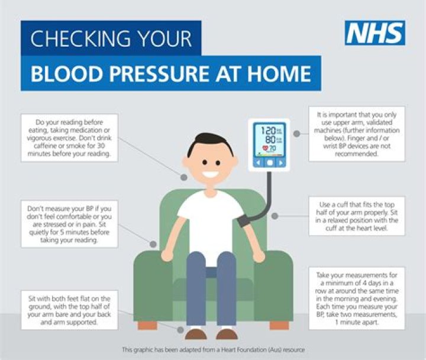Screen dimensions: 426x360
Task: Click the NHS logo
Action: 375,33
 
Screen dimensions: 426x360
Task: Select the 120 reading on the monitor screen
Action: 268,131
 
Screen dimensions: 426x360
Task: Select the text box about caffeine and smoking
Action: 70,138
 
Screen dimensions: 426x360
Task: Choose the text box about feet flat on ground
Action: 70,310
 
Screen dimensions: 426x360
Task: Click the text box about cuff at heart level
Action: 357,216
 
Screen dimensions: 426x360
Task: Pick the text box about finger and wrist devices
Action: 357,134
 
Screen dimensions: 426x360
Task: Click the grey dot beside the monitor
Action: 297,134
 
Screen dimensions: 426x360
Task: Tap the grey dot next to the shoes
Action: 180,330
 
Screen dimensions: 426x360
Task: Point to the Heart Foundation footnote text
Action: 213,350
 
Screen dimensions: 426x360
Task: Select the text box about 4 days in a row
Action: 357,299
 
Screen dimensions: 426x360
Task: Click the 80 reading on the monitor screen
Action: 270,140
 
